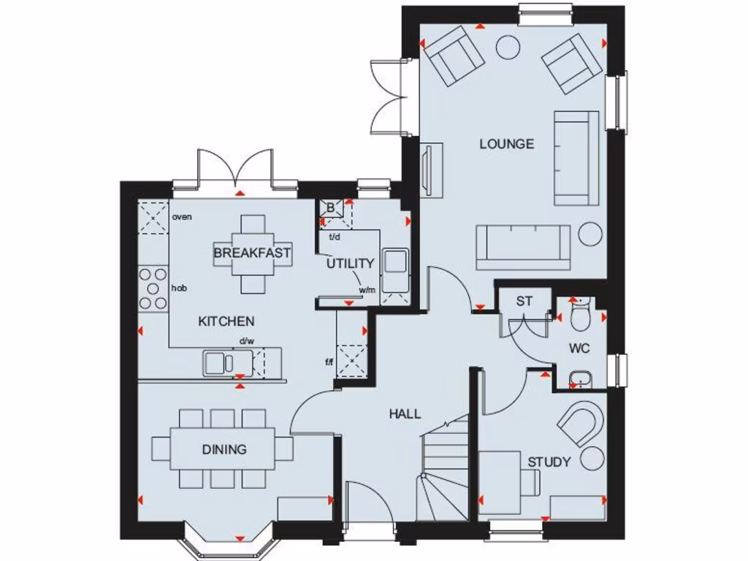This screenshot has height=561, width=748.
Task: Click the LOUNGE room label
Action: [x=506, y=144]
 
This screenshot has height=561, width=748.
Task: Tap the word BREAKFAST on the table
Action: [x=252, y=253]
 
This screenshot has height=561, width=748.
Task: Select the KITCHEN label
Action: [x=226, y=321]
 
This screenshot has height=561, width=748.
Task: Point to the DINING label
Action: [x=224, y=450]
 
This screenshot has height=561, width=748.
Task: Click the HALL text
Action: [x=405, y=414]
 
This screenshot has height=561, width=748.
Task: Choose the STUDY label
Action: [x=549, y=462]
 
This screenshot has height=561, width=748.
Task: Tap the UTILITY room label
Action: [x=350, y=264]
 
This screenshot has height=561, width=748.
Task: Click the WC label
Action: [x=579, y=348]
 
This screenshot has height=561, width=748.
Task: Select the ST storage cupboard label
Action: [x=524, y=301]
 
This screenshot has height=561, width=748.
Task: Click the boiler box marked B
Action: [x=330, y=208]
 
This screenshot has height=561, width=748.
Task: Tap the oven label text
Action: [x=182, y=217]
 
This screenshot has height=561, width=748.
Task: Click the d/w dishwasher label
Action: [x=246, y=341]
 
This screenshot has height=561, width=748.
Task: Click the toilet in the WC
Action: [x=581, y=317]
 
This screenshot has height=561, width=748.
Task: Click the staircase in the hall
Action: [x=443, y=467]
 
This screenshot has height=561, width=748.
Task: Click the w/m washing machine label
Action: [x=367, y=290]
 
